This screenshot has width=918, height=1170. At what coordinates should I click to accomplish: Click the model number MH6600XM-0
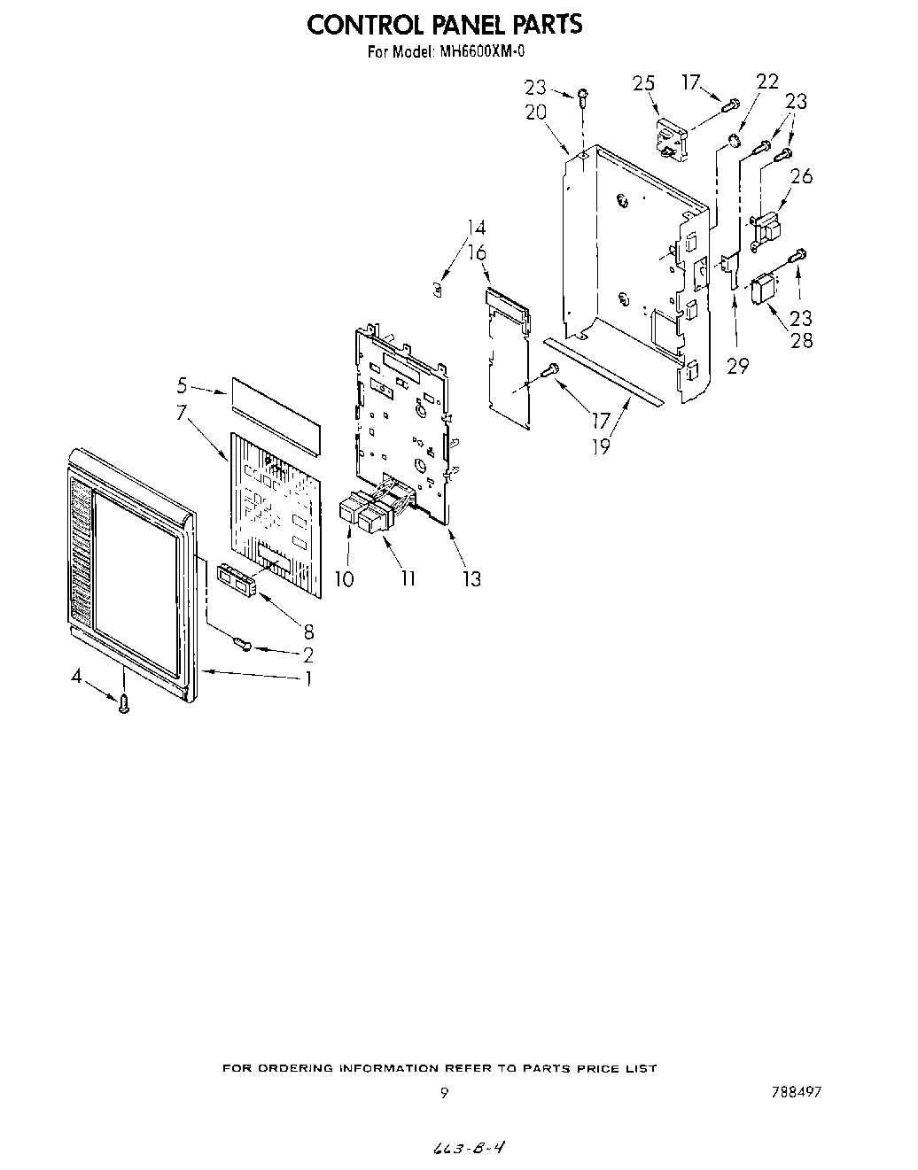click(x=479, y=52)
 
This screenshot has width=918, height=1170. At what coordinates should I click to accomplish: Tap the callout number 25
click(x=644, y=83)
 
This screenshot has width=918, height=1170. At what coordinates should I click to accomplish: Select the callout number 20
click(x=535, y=112)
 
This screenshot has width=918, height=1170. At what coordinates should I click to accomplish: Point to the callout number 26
click(x=801, y=176)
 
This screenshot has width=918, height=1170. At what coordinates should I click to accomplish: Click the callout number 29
click(x=737, y=366)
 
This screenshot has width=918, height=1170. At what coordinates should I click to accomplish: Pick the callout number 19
click(x=601, y=446)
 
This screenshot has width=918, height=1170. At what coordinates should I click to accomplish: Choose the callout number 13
click(x=471, y=579)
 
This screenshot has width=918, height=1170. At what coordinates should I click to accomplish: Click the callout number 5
click(x=182, y=385)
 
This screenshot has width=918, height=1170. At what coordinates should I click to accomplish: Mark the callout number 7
click(x=182, y=412)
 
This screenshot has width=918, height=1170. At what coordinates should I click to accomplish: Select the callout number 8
click(x=307, y=631)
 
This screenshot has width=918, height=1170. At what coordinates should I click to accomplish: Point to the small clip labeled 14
click(x=436, y=288)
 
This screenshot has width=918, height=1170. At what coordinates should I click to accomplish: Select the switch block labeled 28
click(x=764, y=290)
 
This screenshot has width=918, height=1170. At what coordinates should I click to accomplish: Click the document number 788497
click(x=796, y=1092)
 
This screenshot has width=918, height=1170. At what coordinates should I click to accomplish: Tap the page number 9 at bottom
click(x=444, y=1092)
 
